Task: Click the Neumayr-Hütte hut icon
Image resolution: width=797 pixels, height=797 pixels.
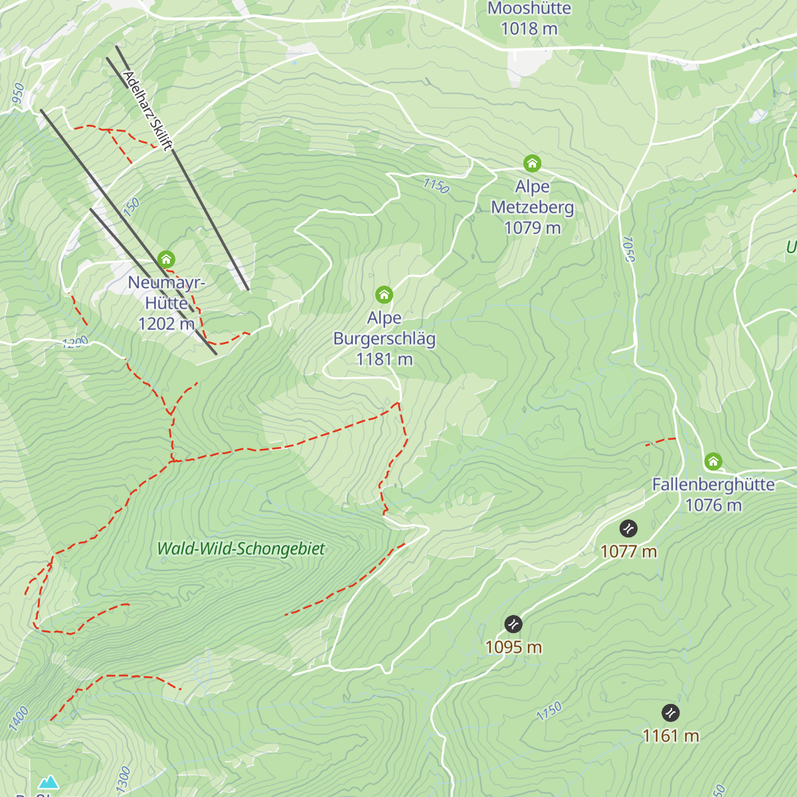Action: (x=166, y=259)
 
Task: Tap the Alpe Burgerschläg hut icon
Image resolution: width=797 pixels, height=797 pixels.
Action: (x=384, y=294)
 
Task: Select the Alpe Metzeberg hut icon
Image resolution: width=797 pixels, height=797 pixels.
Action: (x=532, y=163)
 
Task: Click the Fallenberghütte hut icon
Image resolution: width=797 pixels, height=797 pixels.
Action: (x=713, y=462)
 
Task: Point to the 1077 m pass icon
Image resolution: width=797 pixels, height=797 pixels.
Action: (x=628, y=529)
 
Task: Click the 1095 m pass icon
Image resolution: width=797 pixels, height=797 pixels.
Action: (x=513, y=624)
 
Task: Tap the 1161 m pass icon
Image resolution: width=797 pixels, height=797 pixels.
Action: (x=671, y=713)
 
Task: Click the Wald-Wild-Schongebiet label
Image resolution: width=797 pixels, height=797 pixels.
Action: (x=241, y=549)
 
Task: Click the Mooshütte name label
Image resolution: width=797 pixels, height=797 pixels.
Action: (x=529, y=9)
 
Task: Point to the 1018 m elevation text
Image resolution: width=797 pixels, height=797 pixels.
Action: (x=529, y=29)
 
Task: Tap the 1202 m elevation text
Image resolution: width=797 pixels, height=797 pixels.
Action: (x=166, y=324)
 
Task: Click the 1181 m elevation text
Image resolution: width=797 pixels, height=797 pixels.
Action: (x=384, y=359)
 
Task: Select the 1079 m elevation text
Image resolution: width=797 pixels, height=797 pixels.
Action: (x=532, y=228)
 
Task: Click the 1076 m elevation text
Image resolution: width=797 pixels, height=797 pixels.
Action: (x=713, y=505)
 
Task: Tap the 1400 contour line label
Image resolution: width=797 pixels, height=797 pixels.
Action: (x=19, y=719)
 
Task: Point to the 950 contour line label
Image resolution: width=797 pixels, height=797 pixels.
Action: (x=18, y=94)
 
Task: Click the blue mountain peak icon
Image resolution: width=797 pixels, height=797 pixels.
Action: (x=48, y=782)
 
